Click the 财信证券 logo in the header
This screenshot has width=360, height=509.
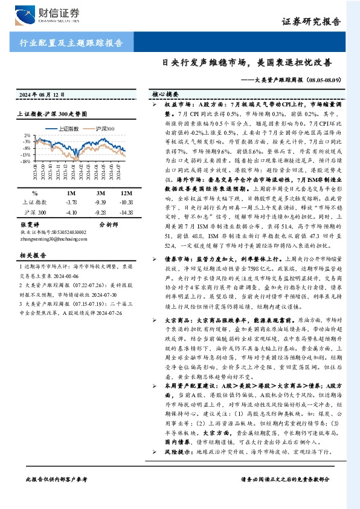point(42,13)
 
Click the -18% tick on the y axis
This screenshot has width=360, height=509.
point(27,161)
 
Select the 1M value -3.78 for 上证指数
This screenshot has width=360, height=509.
point(71,202)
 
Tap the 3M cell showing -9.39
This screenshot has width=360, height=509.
point(100,202)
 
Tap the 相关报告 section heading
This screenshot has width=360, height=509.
point(30,256)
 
